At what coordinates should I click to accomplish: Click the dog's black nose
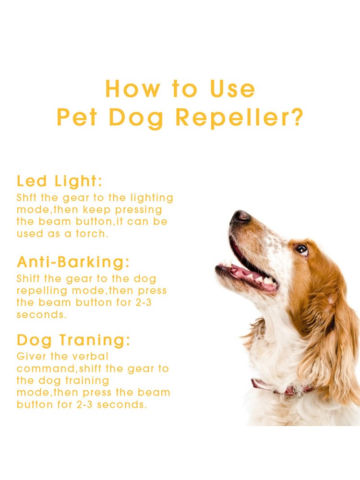[240, 217]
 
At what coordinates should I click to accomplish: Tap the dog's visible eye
[301, 250]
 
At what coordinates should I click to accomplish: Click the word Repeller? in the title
[240, 118]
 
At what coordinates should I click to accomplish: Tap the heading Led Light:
[59, 181]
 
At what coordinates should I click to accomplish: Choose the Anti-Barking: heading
[73, 262]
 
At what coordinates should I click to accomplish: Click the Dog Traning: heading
[73, 340]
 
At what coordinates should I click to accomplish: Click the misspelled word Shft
[26, 197]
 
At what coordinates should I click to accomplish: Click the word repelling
[42, 291]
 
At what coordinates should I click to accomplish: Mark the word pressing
[138, 210]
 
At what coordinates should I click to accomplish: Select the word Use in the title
[232, 89]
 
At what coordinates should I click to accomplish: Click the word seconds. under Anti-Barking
[41, 315]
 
